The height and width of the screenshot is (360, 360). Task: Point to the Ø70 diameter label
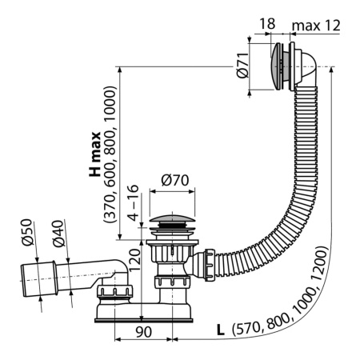coord(175,181)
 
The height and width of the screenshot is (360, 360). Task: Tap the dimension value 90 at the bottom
coord(143,330)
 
